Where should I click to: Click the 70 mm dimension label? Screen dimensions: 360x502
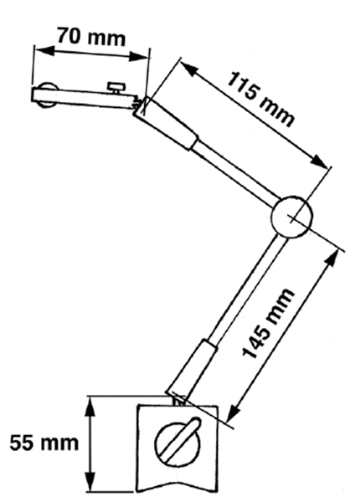[91, 37]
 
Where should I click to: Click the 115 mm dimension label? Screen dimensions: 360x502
[260, 100]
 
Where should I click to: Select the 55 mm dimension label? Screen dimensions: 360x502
[44, 443]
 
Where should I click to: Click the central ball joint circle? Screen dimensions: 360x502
[292, 217]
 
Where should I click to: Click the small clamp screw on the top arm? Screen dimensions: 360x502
[116, 88]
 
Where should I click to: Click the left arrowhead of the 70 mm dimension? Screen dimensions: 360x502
[44, 50]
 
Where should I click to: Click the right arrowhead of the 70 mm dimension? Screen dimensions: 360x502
[139, 57]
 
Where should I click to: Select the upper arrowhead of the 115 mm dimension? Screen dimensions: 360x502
[188, 69]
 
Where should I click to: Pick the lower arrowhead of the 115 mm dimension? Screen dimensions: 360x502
[321, 161]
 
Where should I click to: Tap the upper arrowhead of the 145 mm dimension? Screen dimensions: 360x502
[332, 259]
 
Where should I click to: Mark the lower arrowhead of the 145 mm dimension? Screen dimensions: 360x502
[233, 412]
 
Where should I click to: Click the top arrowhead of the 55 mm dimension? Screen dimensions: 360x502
[90, 407]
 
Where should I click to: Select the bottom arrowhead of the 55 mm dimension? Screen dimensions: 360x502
[90, 482]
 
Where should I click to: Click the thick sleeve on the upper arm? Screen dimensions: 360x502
[166, 123]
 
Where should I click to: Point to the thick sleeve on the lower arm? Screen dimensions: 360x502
[193, 371]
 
